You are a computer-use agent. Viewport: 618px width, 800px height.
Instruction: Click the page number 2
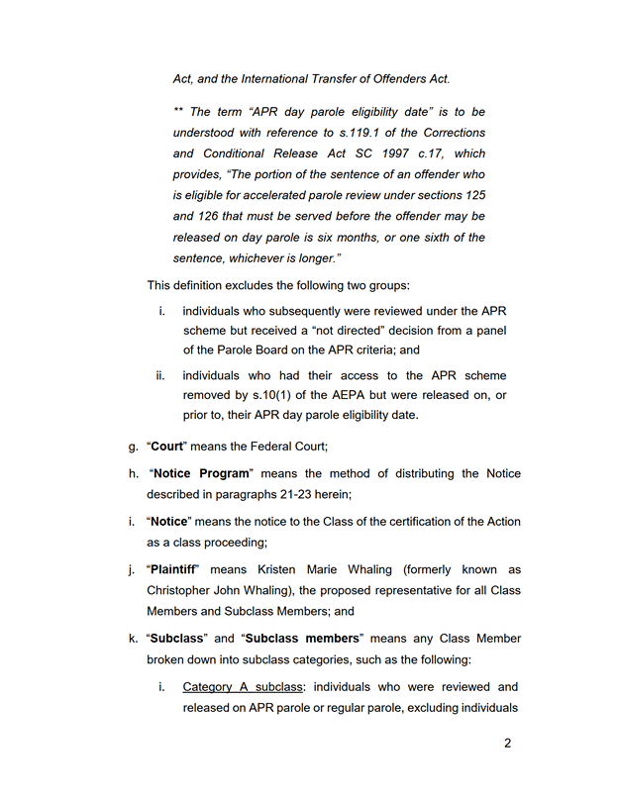pos(507,744)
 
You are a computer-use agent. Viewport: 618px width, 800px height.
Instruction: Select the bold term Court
pos(168,447)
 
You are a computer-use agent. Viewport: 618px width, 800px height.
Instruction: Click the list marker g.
pos(133,447)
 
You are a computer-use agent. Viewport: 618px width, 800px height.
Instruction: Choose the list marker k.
pos(133,638)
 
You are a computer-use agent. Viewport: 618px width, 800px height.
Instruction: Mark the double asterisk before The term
pos(178,112)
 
